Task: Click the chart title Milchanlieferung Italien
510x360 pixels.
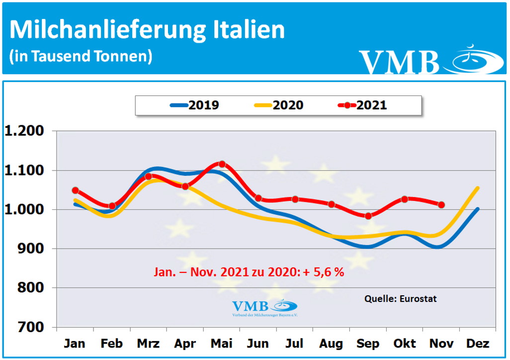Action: pyautogui.click(x=147, y=29)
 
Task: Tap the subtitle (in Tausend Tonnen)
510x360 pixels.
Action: pyautogui.click(x=81, y=56)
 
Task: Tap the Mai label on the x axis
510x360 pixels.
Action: pyautogui.click(x=222, y=344)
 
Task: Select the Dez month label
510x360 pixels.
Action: pyautogui.click(x=478, y=344)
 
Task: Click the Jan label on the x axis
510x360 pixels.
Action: pyautogui.click(x=75, y=344)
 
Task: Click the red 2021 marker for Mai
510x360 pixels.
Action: pyautogui.click(x=222, y=164)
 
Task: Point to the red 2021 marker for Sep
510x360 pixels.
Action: pyautogui.click(x=368, y=216)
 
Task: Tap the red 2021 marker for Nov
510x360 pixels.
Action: pyautogui.click(x=441, y=204)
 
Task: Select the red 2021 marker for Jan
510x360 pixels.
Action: pyautogui.click(x=76, y=190)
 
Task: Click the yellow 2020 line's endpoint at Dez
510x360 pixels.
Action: pyautogui.click(x=478, y=188)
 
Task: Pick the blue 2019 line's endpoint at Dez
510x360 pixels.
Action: pyautogui.click(x=478, y=209)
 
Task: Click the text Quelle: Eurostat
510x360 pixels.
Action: pyautogui.click(x=401, y=299)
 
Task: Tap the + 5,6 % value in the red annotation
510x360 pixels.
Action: pyautogui.click(x=325, y=272)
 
